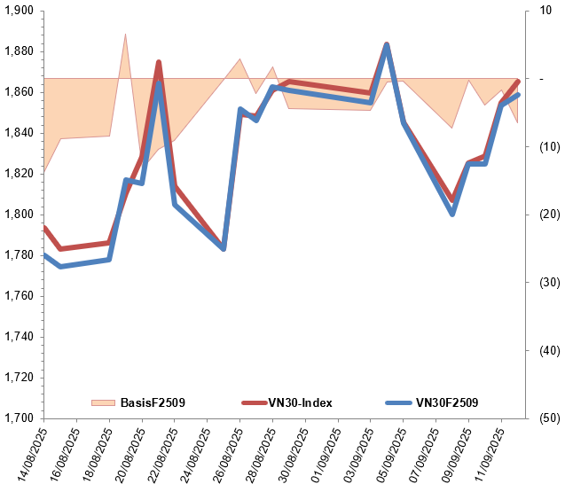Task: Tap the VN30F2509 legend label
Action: pyautogui.click(x=446, y=402)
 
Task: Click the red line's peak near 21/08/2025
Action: pyautogui.click(x=159, y=62)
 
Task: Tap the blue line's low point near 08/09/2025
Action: pyautogui.click(x=452, y=214)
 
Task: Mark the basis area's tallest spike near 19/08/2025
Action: pyautogui.click(x=125, y=34)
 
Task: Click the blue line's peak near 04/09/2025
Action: pyautogui.click(x=388, y=44)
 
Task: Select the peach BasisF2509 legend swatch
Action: pyautogui.click(x=104, y=402)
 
